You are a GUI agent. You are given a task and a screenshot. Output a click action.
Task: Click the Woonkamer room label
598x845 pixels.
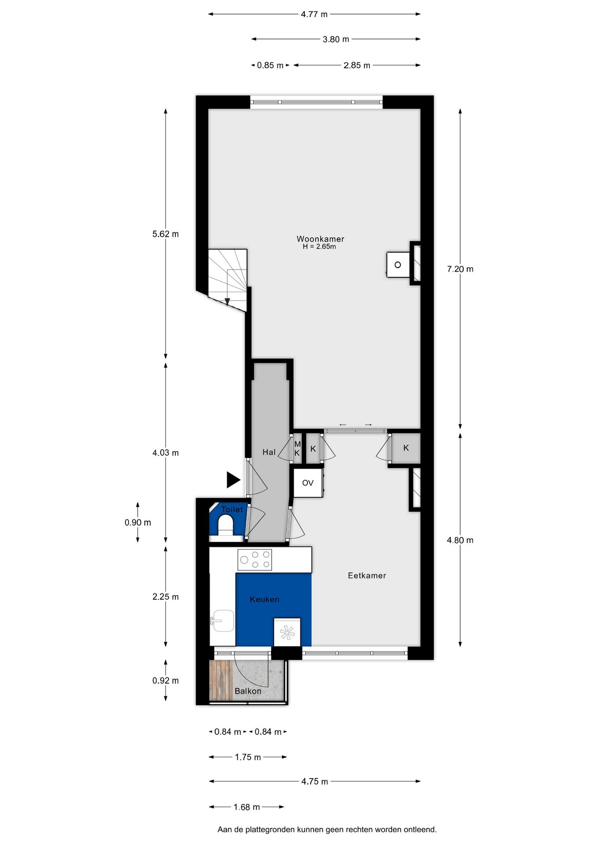coord(320,239)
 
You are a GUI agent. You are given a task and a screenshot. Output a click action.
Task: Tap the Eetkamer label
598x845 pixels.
coord(366,575)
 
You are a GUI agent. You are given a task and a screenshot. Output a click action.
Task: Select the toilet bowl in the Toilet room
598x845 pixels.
coord(226,525)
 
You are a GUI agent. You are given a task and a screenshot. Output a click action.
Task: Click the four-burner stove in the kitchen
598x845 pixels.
coord(255,559)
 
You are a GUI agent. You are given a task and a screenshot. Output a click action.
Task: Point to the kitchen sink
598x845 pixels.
coord(223,621)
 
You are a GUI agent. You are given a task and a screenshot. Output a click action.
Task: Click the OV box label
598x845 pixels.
coord(307,483)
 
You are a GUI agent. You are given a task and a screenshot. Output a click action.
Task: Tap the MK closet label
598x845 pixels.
coord(297,448)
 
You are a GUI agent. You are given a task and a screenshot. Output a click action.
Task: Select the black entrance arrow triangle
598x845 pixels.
coord(233,480)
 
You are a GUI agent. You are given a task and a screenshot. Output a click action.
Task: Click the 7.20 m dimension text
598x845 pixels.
coord(460,269)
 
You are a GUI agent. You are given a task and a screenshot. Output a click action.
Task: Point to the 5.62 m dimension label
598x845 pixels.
coord(166,234)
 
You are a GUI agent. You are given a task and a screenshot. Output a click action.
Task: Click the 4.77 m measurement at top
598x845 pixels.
coord(314,15)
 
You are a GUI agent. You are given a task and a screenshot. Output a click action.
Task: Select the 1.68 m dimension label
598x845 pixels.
coord(246,807)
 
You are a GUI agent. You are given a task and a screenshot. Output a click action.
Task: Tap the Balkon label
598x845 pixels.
coord(248,691)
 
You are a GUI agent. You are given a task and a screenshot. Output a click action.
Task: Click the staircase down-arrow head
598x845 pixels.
coord(227,301)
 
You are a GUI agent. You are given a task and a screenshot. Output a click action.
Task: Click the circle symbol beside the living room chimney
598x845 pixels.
coord(398,265)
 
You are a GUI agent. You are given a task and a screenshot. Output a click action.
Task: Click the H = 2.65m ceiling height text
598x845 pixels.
coord(319,247)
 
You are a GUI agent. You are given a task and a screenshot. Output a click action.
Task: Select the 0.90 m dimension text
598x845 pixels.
coord(137,522)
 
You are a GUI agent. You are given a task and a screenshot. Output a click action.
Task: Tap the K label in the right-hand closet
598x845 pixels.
coord(406,448)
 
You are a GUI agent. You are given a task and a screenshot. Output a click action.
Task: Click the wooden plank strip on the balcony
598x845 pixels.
coord(221,680)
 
